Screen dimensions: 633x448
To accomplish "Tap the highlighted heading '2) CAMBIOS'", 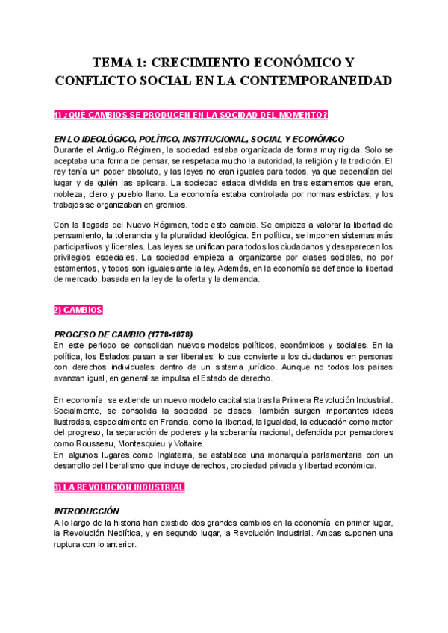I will pos(78,310).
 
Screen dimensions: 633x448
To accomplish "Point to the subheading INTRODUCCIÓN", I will pos(87,511).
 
